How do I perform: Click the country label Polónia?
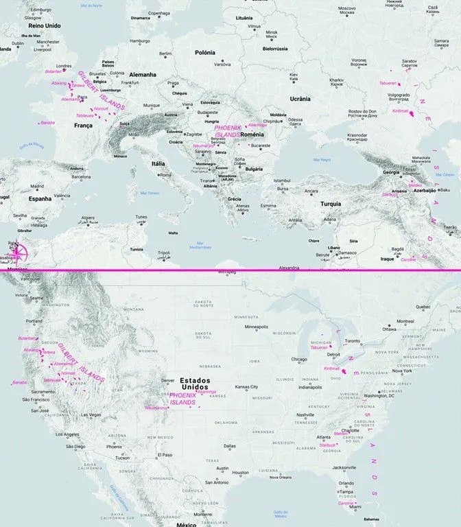click(204, 52)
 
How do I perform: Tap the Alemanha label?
click(143, 74)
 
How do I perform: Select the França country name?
click(83, 126)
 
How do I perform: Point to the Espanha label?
click(40, 198)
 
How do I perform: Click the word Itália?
click(158, 163)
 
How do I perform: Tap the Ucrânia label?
click(300, 98)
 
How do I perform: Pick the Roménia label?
click(252, 134)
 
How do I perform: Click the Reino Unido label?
click(45, 25)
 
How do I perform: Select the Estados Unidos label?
click(195, 384)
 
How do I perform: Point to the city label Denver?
click(167, 380)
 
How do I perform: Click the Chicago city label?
click(298, 359)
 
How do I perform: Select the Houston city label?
click(240, 472)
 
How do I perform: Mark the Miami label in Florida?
click(354, 506)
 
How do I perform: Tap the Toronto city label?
click(353, 341)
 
